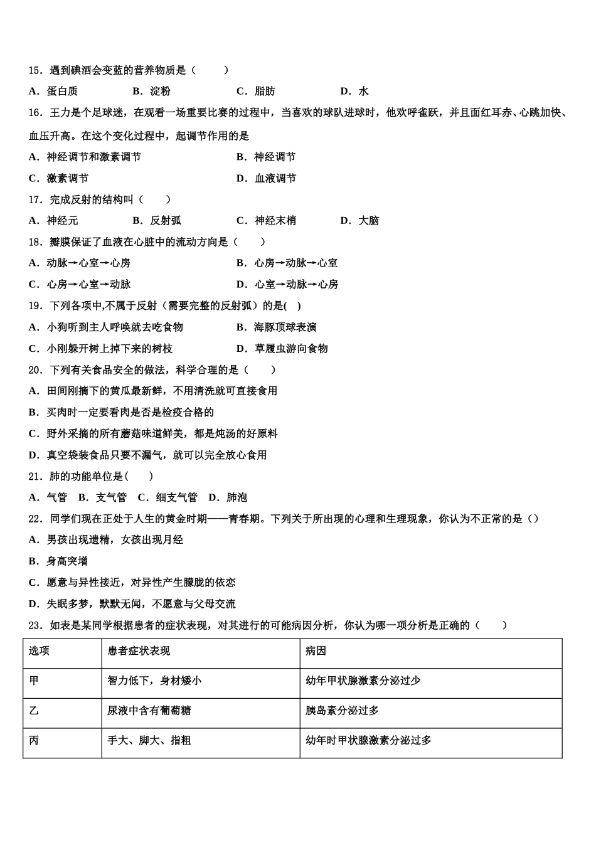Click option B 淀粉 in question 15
pos(151,92)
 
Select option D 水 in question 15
pos(354,92)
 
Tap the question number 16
pos(36,113)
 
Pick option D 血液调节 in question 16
pos(266,178)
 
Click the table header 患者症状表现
pos(139,651)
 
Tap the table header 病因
pos(316,651)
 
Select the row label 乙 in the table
pos(34,711)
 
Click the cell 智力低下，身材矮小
pos(154,681)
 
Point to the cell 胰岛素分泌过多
pos(343,711)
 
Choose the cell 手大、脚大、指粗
pos(149,741)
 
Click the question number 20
pos(36,370)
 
